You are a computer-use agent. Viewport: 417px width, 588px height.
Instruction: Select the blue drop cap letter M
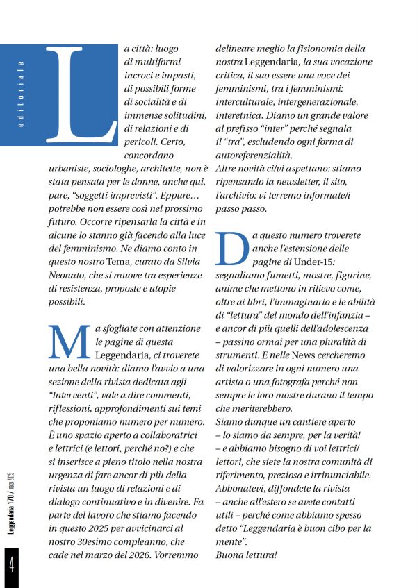[x=69, y=342]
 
